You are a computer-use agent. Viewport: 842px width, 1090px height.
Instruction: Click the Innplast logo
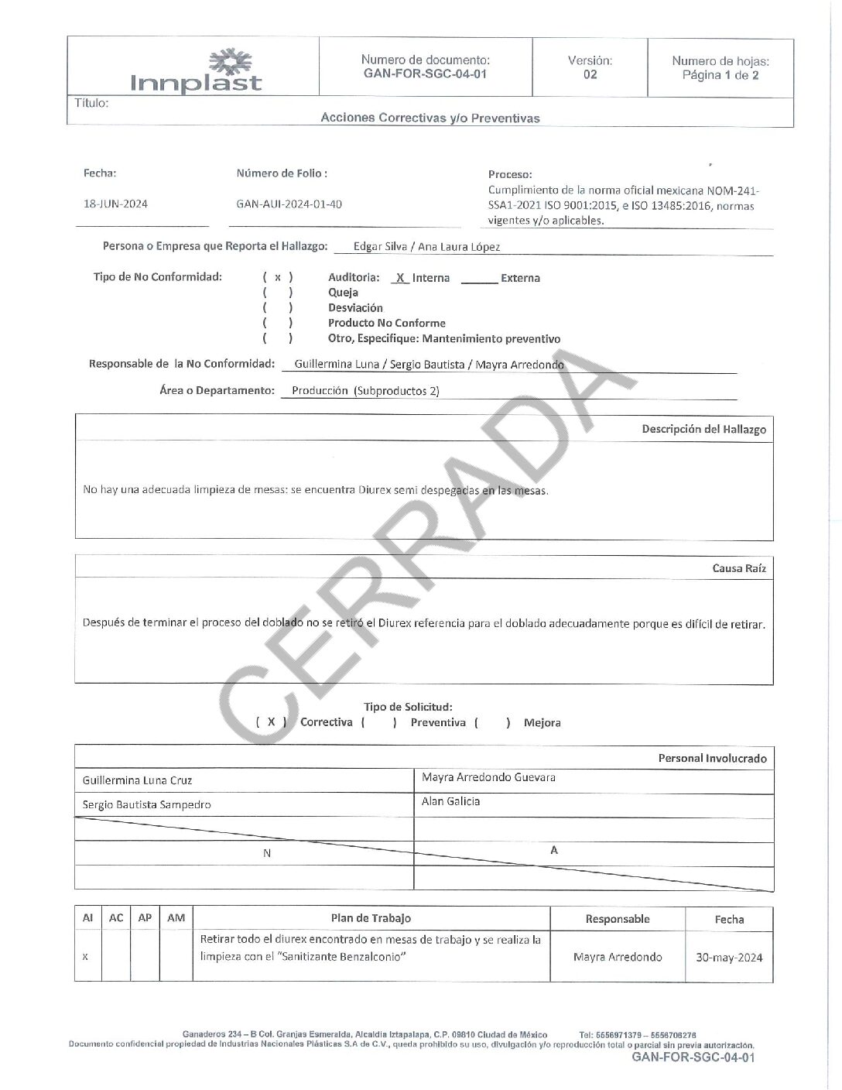(197, 71)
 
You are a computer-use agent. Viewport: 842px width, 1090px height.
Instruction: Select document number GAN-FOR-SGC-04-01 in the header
(425, 74)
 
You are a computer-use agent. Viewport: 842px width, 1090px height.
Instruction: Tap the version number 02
(590, 75)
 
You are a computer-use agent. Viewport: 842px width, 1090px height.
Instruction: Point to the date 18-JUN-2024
(115, 204)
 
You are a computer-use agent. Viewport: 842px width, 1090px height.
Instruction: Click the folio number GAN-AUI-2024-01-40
(289, 204)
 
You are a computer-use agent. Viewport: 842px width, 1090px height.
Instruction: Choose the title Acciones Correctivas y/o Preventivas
(430, 118)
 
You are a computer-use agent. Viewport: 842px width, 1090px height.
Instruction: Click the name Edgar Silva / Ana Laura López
(426, 247)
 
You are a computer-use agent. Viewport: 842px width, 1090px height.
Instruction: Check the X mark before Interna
(400, 278)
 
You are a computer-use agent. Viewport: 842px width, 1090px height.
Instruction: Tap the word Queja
(343, 293)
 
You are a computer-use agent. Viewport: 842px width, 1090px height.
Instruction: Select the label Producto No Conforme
(386, 323)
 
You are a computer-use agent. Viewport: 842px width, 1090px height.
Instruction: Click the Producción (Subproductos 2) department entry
(365, 391)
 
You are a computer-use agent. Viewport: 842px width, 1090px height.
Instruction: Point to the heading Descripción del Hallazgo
(703, 429)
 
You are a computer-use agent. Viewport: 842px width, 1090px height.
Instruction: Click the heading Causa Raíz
(739, 568)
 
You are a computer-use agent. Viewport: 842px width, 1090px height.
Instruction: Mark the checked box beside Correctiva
(271, 722)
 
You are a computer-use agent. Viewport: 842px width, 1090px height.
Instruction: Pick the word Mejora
(542, 723)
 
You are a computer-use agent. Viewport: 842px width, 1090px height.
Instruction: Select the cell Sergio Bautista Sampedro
(147, 805)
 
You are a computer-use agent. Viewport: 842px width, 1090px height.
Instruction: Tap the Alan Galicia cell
(450, 802)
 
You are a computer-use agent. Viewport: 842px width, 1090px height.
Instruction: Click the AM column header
(176, 918)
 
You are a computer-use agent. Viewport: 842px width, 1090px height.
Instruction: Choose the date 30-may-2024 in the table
(729, 958)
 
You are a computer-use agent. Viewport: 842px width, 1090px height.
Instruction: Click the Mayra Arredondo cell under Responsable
(618, 958)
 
